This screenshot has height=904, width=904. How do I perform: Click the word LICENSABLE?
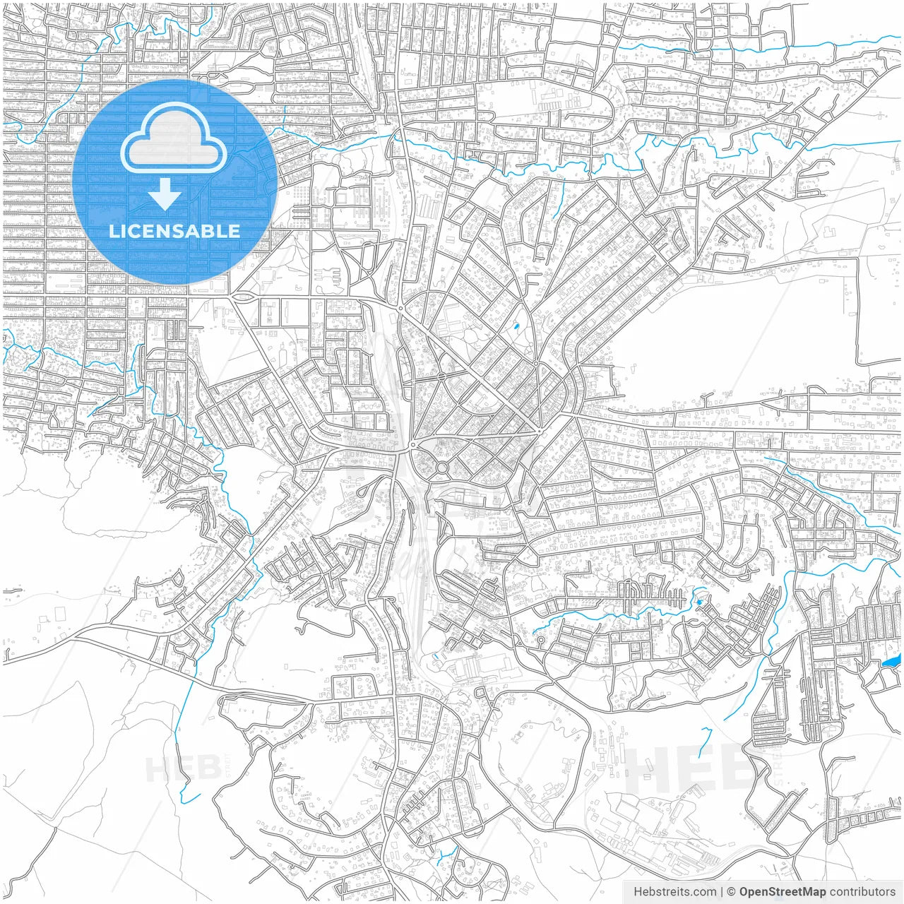174,231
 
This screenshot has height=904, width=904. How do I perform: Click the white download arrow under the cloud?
165,194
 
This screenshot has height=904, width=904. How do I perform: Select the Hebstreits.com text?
674,892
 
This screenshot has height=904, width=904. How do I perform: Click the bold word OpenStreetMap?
782,892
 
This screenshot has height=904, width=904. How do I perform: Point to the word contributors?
862,892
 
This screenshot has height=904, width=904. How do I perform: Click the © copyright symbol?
732,892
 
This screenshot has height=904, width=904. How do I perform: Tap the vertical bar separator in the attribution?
722,892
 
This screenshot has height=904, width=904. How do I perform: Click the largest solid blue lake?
891,662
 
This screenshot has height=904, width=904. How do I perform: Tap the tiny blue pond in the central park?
516,328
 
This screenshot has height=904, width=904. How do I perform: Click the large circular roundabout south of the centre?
442,468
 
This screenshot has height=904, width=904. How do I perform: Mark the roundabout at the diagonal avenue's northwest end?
400,309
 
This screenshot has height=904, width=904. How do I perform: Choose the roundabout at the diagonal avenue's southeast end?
539,431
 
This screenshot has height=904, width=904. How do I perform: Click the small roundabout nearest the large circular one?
413,445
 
